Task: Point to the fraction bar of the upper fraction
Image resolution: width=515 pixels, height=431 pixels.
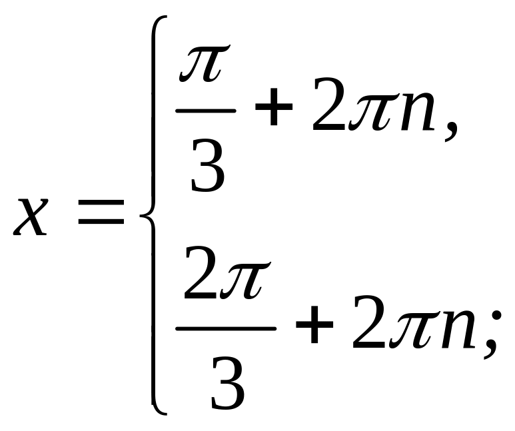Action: (x=205, y=111)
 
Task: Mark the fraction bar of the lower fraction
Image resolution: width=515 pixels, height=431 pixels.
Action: (x=225, y=328)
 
